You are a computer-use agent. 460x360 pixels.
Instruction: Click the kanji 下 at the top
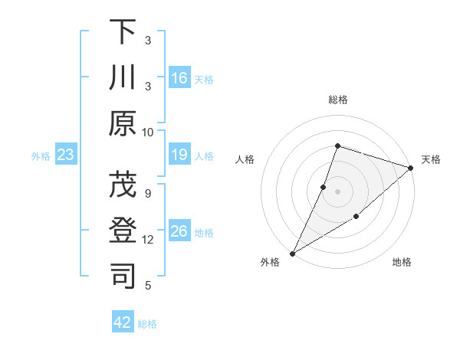pos(123,32)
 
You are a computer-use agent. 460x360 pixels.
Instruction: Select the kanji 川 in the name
pos(123,78)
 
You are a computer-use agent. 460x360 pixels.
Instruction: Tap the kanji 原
pos(123,123)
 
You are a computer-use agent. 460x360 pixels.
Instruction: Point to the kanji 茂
pos(123,185)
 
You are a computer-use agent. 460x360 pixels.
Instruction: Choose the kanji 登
pos(123,231)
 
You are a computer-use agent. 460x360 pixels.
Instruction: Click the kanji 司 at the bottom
pos(123,277)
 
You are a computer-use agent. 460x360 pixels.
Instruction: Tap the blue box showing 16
pos(179,78)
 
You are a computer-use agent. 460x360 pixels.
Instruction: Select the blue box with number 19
pos(179,155)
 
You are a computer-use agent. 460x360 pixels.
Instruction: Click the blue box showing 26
pos(179,231)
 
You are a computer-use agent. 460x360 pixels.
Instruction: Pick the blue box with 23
pos(66,155)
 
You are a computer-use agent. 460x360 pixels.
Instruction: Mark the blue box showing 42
pos(123,322)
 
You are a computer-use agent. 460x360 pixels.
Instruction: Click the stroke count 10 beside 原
pos(148,132)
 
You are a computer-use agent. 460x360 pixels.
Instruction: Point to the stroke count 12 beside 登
pos(148,240)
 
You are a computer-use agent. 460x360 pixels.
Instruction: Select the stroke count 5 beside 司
pos(148,286)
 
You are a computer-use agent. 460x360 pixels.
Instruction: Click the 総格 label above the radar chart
pos(337,100)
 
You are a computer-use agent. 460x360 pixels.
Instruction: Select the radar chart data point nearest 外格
pos(292,253)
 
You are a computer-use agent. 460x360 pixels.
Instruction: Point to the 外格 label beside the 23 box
pos(41,156)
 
